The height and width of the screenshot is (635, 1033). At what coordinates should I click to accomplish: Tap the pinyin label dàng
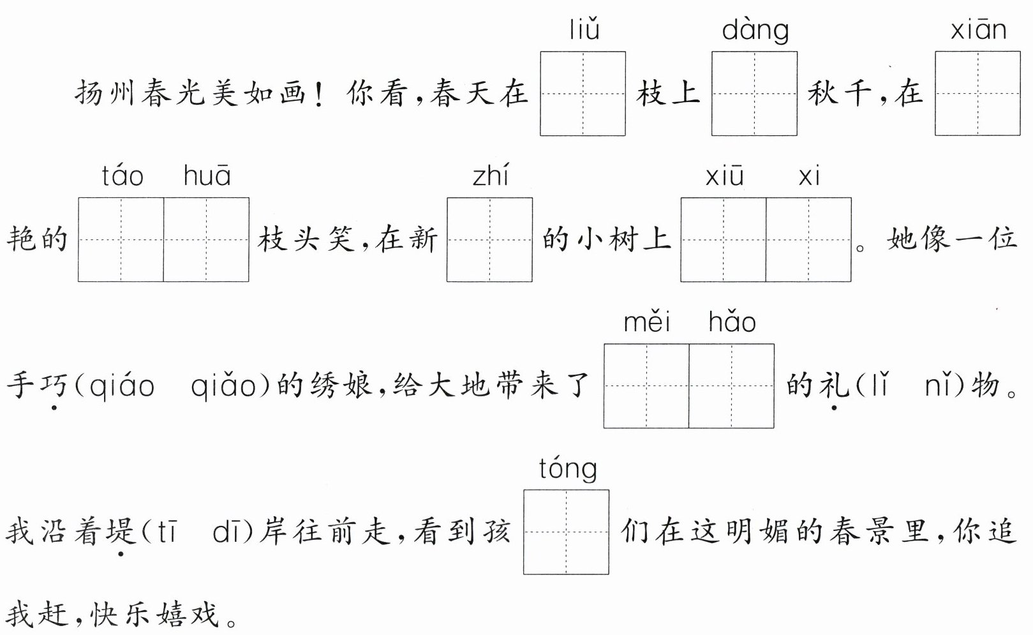[755, 31]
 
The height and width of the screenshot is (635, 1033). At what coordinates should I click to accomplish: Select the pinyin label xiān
[977, 30]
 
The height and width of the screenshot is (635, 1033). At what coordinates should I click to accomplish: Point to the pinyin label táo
[123, 176]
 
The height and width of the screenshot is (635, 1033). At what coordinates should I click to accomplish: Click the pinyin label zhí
[490, 176]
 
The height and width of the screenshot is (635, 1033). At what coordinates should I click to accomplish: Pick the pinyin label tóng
[567, 469]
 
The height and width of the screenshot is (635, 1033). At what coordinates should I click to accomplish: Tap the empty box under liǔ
[583, 93]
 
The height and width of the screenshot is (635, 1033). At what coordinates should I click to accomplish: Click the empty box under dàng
[754, 93]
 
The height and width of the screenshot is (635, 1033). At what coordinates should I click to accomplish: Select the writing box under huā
[206, 239]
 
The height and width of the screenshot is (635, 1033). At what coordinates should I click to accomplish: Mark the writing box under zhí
[489, 239]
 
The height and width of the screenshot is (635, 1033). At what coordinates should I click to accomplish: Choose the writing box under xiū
[724, 239]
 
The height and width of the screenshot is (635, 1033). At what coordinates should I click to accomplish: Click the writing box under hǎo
[731, 385]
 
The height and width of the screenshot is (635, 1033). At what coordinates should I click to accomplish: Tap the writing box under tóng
[566, 532]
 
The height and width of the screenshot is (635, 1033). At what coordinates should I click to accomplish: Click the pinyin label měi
[646, 322]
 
